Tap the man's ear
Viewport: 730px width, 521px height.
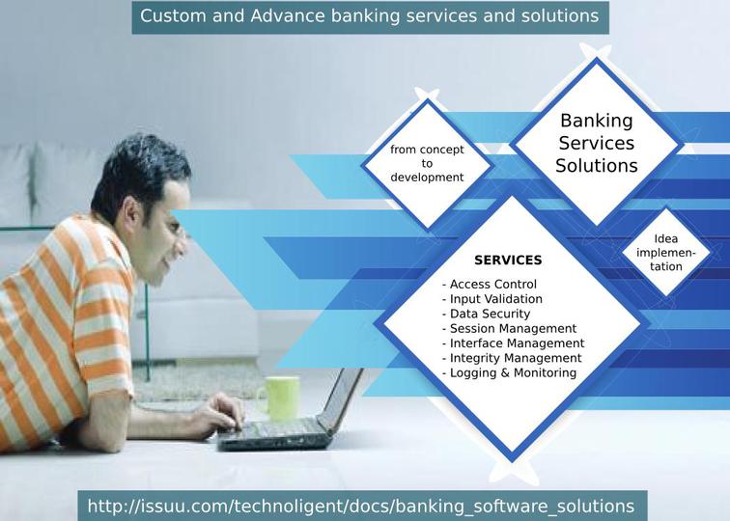(x=132, y=211)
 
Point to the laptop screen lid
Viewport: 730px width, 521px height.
(x=341, y=399)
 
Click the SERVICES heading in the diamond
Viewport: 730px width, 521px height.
(x=508, y=260)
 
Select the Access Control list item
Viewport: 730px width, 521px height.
(x=490, y=284)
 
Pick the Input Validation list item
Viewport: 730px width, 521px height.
(x=492, y=299)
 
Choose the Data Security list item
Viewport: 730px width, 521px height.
(x=486, y=314)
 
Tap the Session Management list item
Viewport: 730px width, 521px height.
(x=509, y=328)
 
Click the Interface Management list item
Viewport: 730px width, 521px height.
(x=513, y=343)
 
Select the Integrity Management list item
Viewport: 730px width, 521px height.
(x=512, y=358)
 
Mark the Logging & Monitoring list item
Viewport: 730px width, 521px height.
(x=509, y=373)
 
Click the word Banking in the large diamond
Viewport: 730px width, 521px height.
(x=597, y=121)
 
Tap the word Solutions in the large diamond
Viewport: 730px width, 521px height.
(x=597, y=166)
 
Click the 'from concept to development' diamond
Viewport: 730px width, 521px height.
(x=427, y=164)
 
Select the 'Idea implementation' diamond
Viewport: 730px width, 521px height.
(x=665, y=252)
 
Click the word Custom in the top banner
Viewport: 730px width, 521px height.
(x=173, y=15)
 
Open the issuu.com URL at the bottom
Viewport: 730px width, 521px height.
(x=361, y=507)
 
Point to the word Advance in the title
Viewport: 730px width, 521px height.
(x=287, y=15)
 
